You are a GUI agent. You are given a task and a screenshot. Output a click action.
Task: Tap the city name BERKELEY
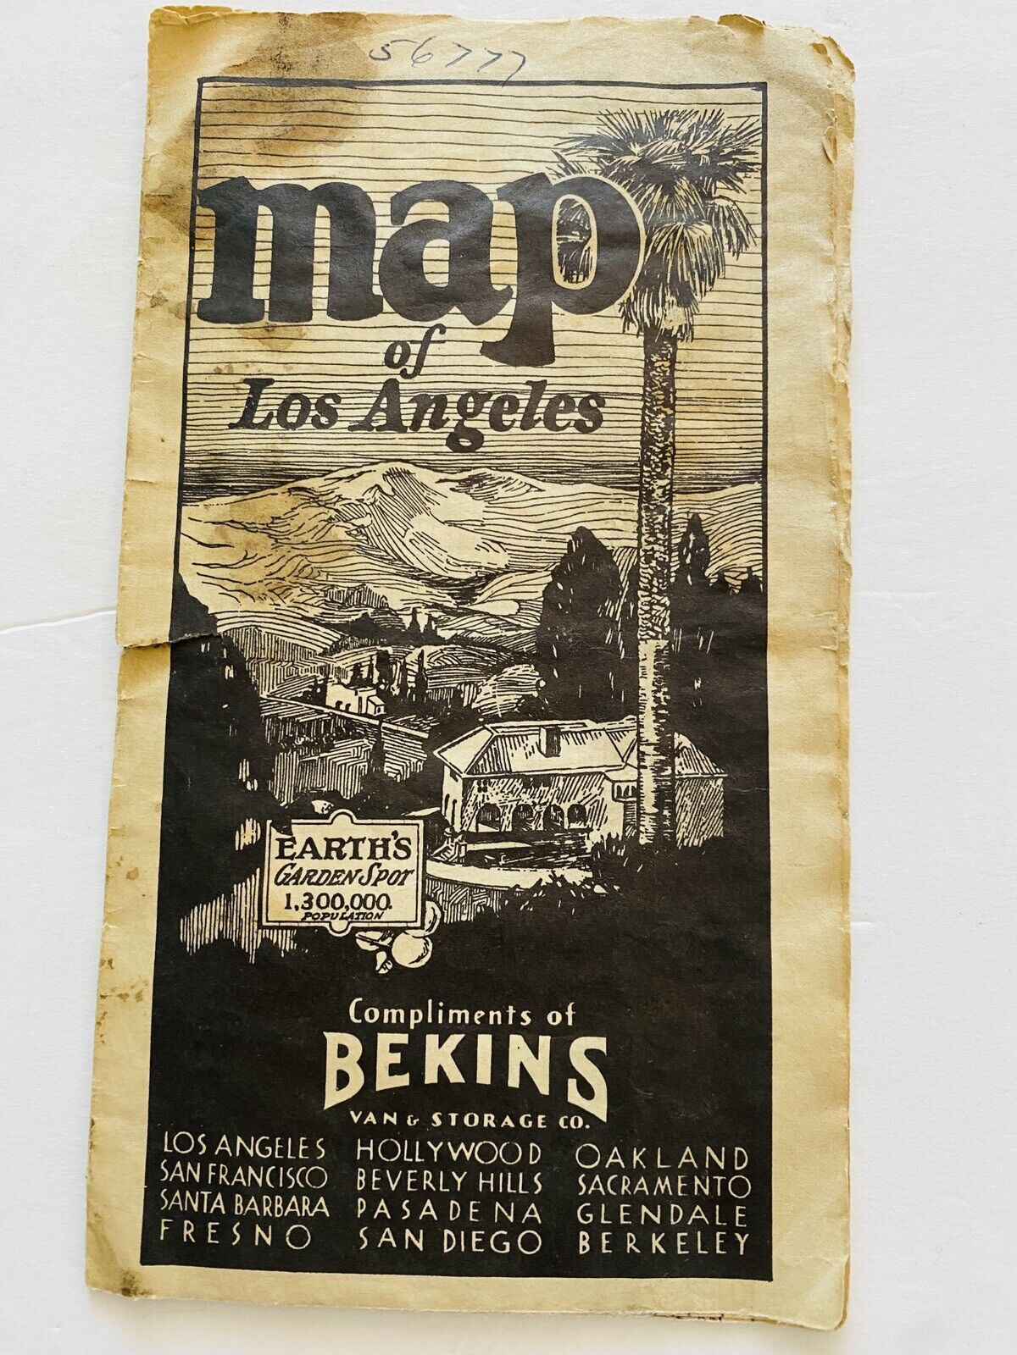click(x=663, y=1241)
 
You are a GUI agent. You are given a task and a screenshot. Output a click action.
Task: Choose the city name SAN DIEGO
click(x=449, y=1241)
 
